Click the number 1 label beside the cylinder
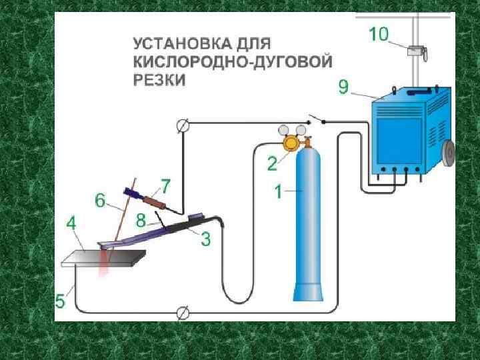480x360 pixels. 278,193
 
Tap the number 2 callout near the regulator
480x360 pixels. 273,162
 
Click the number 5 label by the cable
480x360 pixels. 61,301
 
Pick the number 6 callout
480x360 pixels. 100,199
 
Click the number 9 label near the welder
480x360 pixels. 343,86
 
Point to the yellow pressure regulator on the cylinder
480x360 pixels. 292,143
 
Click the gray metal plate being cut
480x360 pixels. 103,257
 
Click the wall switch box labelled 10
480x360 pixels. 416,50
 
